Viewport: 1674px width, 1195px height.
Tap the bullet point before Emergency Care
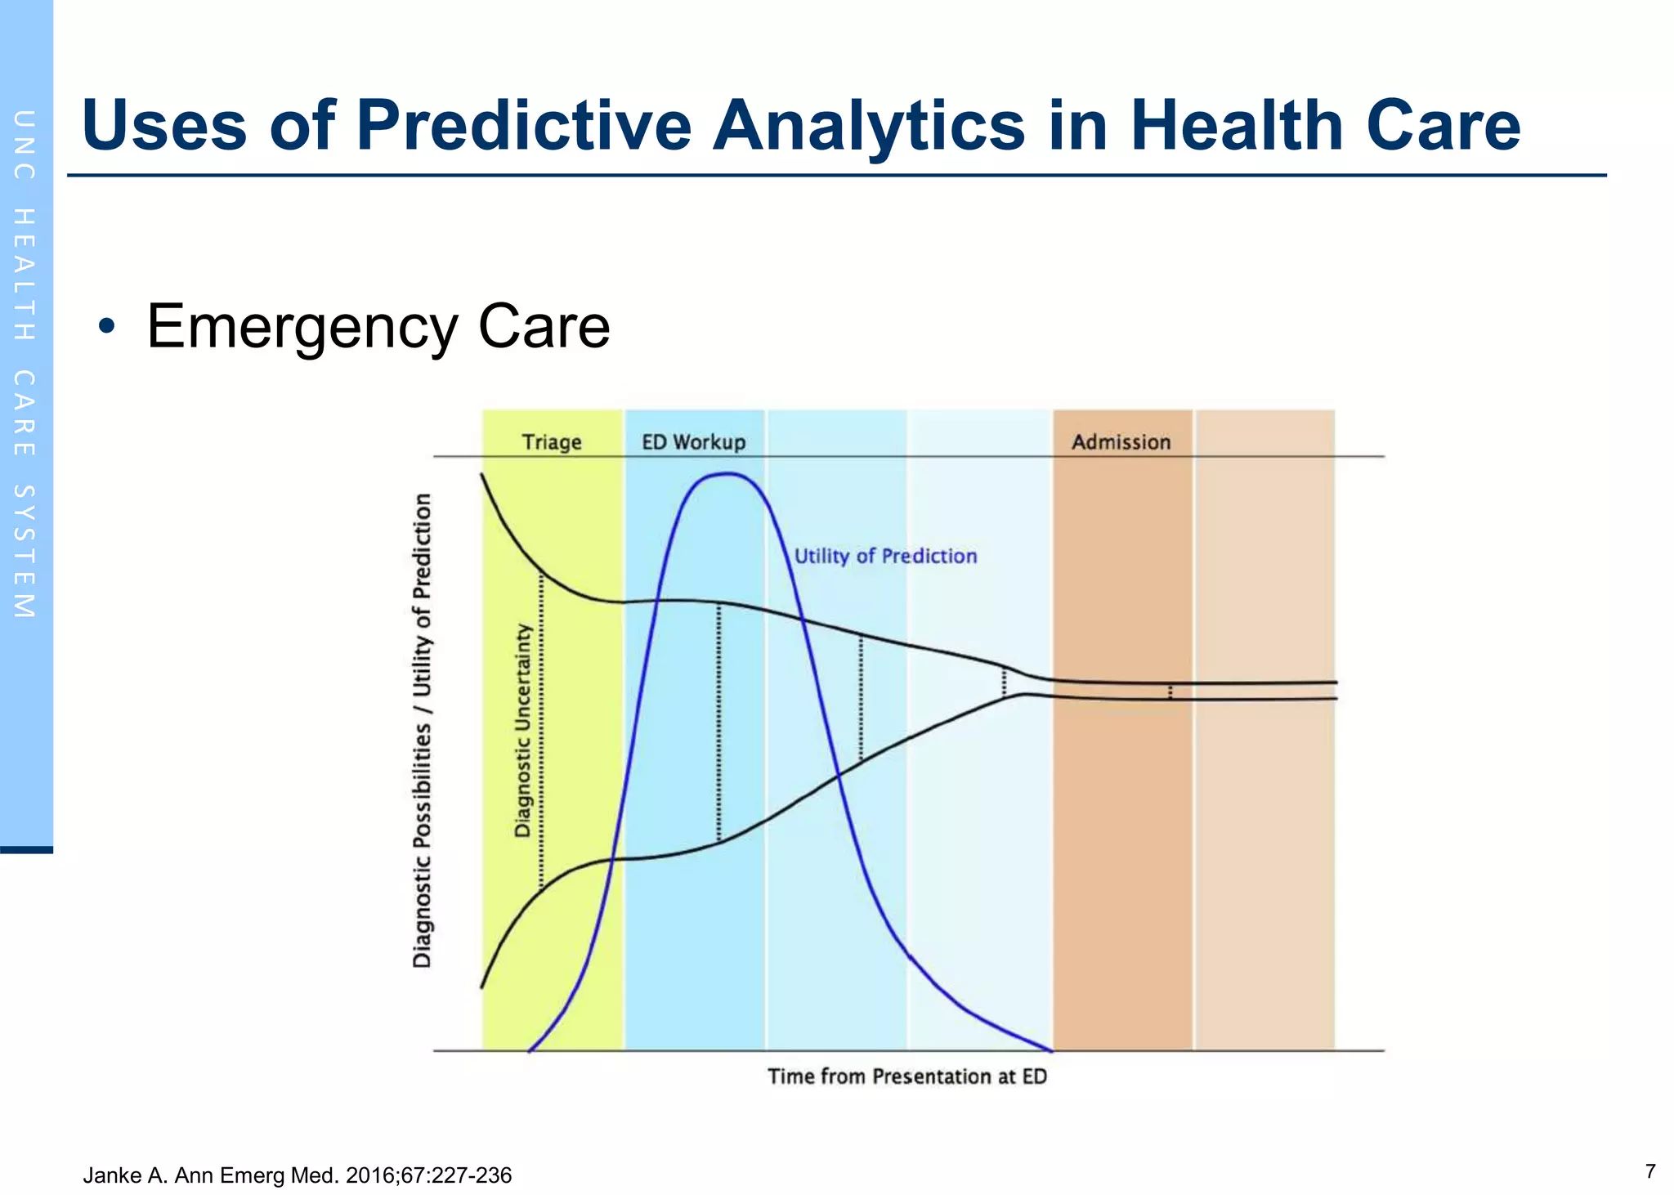106,327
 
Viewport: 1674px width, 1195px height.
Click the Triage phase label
552,442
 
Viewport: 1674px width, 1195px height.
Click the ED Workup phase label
693,442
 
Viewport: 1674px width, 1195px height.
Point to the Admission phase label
1121,442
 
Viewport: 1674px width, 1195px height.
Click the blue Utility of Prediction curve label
885,556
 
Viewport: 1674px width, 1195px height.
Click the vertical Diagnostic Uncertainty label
523,731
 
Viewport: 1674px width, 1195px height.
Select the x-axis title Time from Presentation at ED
906,1076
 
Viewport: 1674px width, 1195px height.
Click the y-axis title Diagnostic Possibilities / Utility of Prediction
422,731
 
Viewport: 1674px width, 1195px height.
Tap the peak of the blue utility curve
726,474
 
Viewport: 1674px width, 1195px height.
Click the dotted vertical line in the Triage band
541,732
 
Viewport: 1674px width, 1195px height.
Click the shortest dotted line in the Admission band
1170,691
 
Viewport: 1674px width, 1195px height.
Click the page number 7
1649,1171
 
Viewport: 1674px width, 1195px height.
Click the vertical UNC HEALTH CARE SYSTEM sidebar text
25,364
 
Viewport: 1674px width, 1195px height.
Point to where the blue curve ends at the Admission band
1051,1050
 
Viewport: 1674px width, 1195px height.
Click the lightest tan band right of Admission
1264,817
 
